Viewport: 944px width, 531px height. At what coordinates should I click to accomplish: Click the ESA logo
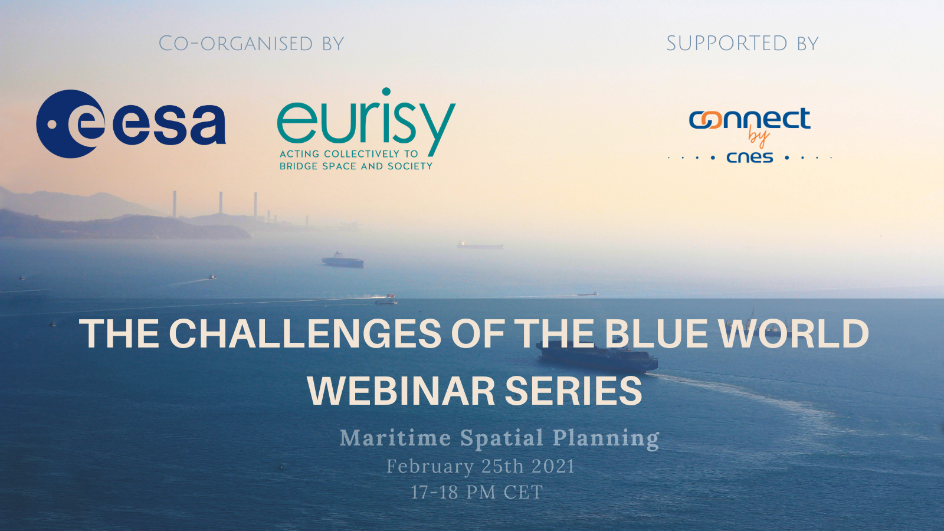(x=130, y=124)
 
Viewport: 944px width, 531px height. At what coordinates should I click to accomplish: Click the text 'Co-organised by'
(x=251, y=44)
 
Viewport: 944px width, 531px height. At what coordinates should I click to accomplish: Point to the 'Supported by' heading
(x=742, y=44)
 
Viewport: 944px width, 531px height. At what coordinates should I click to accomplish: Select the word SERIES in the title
(x=573, y=391)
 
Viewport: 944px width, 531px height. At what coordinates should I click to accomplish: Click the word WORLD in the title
(x=794, y=333)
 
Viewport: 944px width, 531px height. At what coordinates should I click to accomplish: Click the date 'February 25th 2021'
(x=480, y=467)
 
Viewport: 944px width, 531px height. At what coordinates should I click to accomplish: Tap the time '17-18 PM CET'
(x=477, y=492)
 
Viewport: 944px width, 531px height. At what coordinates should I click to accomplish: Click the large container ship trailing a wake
(x=596, y=357)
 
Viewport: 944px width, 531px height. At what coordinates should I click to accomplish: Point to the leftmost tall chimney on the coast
(x=175, y=204)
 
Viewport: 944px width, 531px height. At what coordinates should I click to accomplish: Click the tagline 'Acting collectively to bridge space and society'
(x=356, y=160)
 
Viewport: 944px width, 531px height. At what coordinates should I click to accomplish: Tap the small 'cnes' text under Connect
(x=750, y=158)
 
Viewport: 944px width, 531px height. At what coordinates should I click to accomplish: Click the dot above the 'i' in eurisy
(x=386, y=92)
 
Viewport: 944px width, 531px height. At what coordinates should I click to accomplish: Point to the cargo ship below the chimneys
(x=343, y=260)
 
